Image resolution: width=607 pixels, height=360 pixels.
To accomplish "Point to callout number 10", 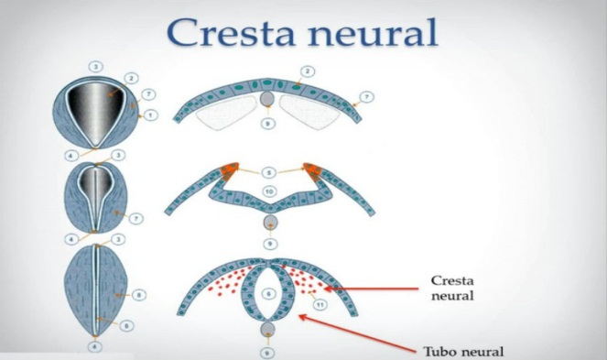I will [268, 190].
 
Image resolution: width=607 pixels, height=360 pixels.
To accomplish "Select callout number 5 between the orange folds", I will [268, 172].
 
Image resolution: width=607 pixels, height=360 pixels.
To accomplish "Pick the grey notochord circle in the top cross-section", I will [267, 98].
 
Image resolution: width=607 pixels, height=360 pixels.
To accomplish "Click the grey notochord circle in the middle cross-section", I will [267, 223].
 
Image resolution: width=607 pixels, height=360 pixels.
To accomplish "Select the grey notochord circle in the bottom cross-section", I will [267, 330].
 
